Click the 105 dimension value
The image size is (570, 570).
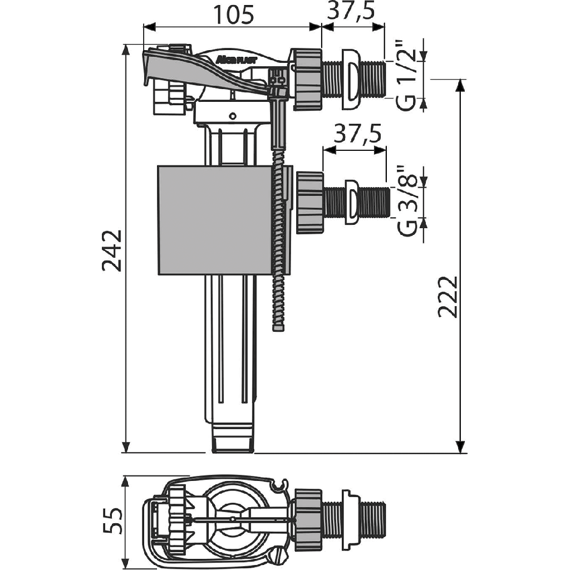coord(232,14)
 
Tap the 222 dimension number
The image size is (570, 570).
coord(448,296)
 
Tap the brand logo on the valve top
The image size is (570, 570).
coord(234,59)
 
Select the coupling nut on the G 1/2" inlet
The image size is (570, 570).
coord(308,78)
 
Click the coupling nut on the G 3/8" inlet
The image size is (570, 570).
coord(310,202)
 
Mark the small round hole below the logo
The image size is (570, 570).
coord(233,116)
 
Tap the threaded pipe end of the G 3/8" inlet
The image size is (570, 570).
coord(372,202)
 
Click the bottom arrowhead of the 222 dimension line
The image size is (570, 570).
coord(460,446)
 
